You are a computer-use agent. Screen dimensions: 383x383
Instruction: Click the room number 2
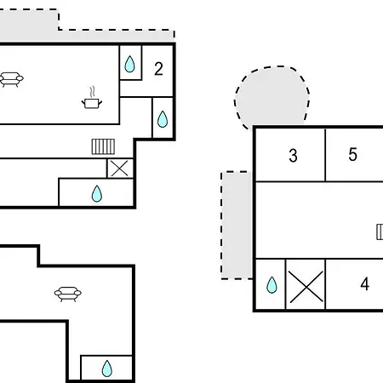(x=158, y=69)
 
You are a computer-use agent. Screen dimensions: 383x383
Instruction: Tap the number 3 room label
(x=293, y=156)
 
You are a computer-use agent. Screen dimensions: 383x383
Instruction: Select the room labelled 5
(x=352, y=155)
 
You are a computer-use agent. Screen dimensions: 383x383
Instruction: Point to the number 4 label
(x=365, y=284)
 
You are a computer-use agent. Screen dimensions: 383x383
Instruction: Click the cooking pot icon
(x=92, y=103)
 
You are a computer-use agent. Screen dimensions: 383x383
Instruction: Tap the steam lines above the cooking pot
(x=92, y=92)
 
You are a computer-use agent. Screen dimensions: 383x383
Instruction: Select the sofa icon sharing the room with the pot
(x=11, y=79)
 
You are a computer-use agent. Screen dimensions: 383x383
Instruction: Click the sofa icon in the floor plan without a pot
(x=68, y=294)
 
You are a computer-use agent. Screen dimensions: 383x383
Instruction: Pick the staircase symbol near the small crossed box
(x=103, y=146)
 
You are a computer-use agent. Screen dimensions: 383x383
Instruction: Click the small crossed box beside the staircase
(x=120, y=169)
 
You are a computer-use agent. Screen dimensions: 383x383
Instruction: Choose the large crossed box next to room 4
(x=306, y=284)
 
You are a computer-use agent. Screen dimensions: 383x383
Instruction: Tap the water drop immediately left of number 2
(x=129, y=64)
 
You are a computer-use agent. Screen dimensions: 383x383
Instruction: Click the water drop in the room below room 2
(x=163, y=119)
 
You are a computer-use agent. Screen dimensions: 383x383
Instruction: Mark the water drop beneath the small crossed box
(x=97, y=193)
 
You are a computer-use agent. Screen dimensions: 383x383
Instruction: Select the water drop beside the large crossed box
(x=272, y=284)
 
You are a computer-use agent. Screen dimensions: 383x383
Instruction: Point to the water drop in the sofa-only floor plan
(x=107, y=369)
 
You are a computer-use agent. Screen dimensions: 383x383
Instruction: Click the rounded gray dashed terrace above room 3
(x=272, y=96)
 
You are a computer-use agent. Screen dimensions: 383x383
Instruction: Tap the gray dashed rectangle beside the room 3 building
(x=237, y=226)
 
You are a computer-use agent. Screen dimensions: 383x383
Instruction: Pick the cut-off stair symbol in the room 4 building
(x=380, y=232)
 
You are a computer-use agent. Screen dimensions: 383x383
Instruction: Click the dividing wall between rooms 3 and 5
(x=325, y=155)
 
